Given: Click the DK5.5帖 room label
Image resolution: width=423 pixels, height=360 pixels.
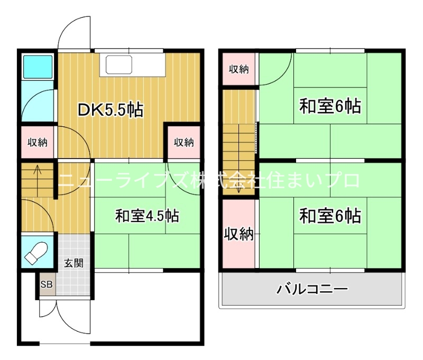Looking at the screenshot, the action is (x=111, y=110).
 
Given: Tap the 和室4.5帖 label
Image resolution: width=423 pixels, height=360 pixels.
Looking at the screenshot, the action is (x=147, y=216).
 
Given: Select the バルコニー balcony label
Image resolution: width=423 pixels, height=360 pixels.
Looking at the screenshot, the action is (x=312, y=290).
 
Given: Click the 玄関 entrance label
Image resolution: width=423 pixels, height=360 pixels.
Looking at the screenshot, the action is (x=73, y=263).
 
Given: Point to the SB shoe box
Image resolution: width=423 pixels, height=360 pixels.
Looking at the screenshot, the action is (x=47, y=284).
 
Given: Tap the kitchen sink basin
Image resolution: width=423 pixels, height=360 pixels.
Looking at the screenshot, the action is (x=118, y=64).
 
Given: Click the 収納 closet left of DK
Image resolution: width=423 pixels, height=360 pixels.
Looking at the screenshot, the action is (x=38, y=142).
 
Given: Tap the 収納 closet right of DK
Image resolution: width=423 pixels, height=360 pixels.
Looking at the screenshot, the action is (x=183, y=142).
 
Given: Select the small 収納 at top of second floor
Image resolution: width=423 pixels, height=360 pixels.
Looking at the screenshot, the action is (x=239, y=69).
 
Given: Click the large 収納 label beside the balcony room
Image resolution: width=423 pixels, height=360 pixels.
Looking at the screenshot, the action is (x=239, y=234).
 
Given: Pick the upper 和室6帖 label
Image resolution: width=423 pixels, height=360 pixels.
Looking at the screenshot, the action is (x=330, y=106).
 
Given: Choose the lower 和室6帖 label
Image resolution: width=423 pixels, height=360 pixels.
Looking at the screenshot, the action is (x=330, y=216).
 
